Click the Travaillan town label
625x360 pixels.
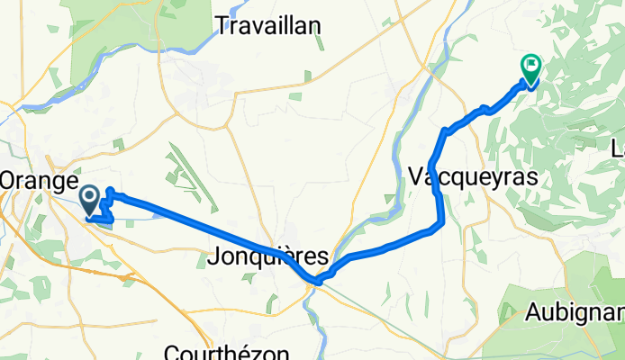pyautogui.click(x=267, y=26)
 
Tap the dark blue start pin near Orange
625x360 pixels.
pyautogui.click(x=90, y=199)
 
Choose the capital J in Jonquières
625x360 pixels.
pyautogui.click(x=213, y=257)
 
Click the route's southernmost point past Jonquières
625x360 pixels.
pyautogui.click(x=318, y=281)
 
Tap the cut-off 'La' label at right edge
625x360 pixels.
pyautogui.click(x=618, y=148)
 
